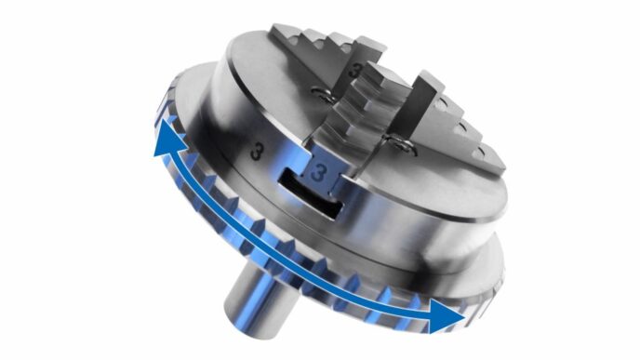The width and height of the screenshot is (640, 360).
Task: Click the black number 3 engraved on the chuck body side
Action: click(256, 151)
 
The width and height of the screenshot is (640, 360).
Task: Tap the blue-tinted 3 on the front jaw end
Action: click(318, 174)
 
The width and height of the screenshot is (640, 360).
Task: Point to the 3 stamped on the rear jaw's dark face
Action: click(355, 70)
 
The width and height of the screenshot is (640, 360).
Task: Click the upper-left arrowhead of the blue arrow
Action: click(167, 137)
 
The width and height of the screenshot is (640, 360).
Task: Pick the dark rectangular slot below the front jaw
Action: click(310, 196)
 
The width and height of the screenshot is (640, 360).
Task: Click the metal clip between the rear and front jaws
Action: click(324, 95)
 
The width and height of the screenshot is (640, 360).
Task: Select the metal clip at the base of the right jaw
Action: click(402, 145)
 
